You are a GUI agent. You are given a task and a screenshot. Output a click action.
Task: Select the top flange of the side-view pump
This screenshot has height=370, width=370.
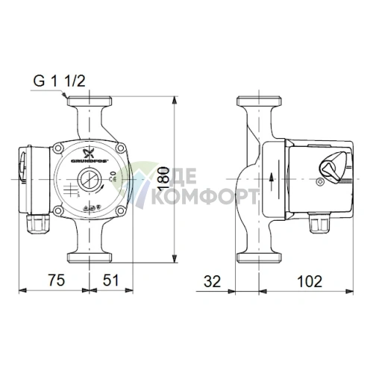(x=257, y=101)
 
